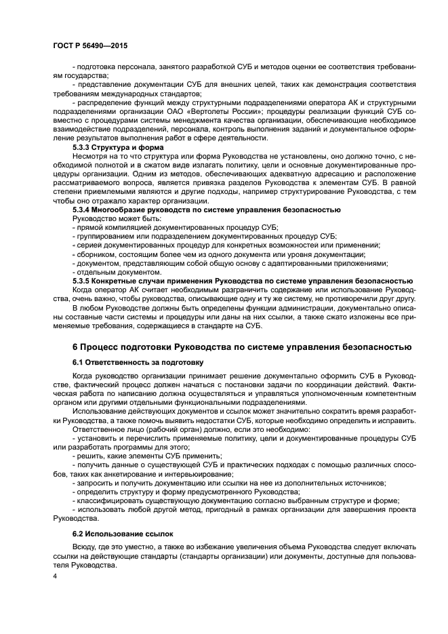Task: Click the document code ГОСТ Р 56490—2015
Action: (89, 45)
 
